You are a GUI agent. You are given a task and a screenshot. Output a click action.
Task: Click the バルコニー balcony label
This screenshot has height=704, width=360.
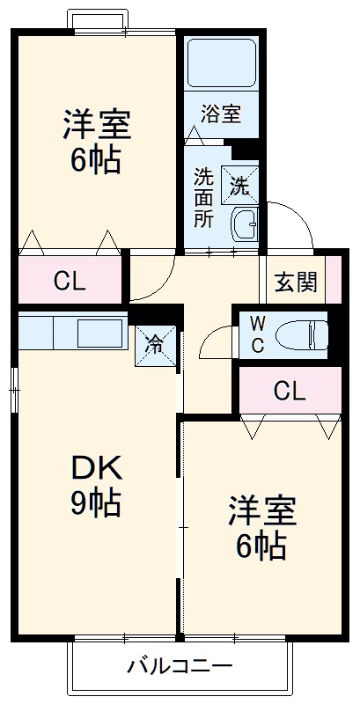pyautogui.click(x=179, y=666)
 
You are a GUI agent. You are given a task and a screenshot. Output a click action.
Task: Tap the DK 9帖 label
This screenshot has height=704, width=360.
pyautogui.click(x=96, y=487)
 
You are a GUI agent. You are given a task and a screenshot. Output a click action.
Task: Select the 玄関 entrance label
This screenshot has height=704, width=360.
pyautogui.click(x=296, y=282)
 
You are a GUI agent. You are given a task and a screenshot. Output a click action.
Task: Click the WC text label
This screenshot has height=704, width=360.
pyautogui.click(x=258, y=333)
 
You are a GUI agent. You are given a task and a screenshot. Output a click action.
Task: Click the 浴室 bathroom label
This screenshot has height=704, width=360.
pyautogui.click(x=221, y=115)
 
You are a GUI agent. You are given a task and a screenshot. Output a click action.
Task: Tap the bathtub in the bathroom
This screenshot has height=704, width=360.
pyautogui.click(x=221, y=62)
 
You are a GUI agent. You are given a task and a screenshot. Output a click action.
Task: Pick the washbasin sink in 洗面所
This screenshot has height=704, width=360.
pyautogui.click(x=244, y=225)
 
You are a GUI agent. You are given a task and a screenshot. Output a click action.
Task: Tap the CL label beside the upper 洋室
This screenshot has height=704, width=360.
pyautogui.click(x=70, y=282)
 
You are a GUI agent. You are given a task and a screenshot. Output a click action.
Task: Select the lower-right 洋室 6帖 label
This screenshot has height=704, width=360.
pyautogui.click(x=261, y=529)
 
